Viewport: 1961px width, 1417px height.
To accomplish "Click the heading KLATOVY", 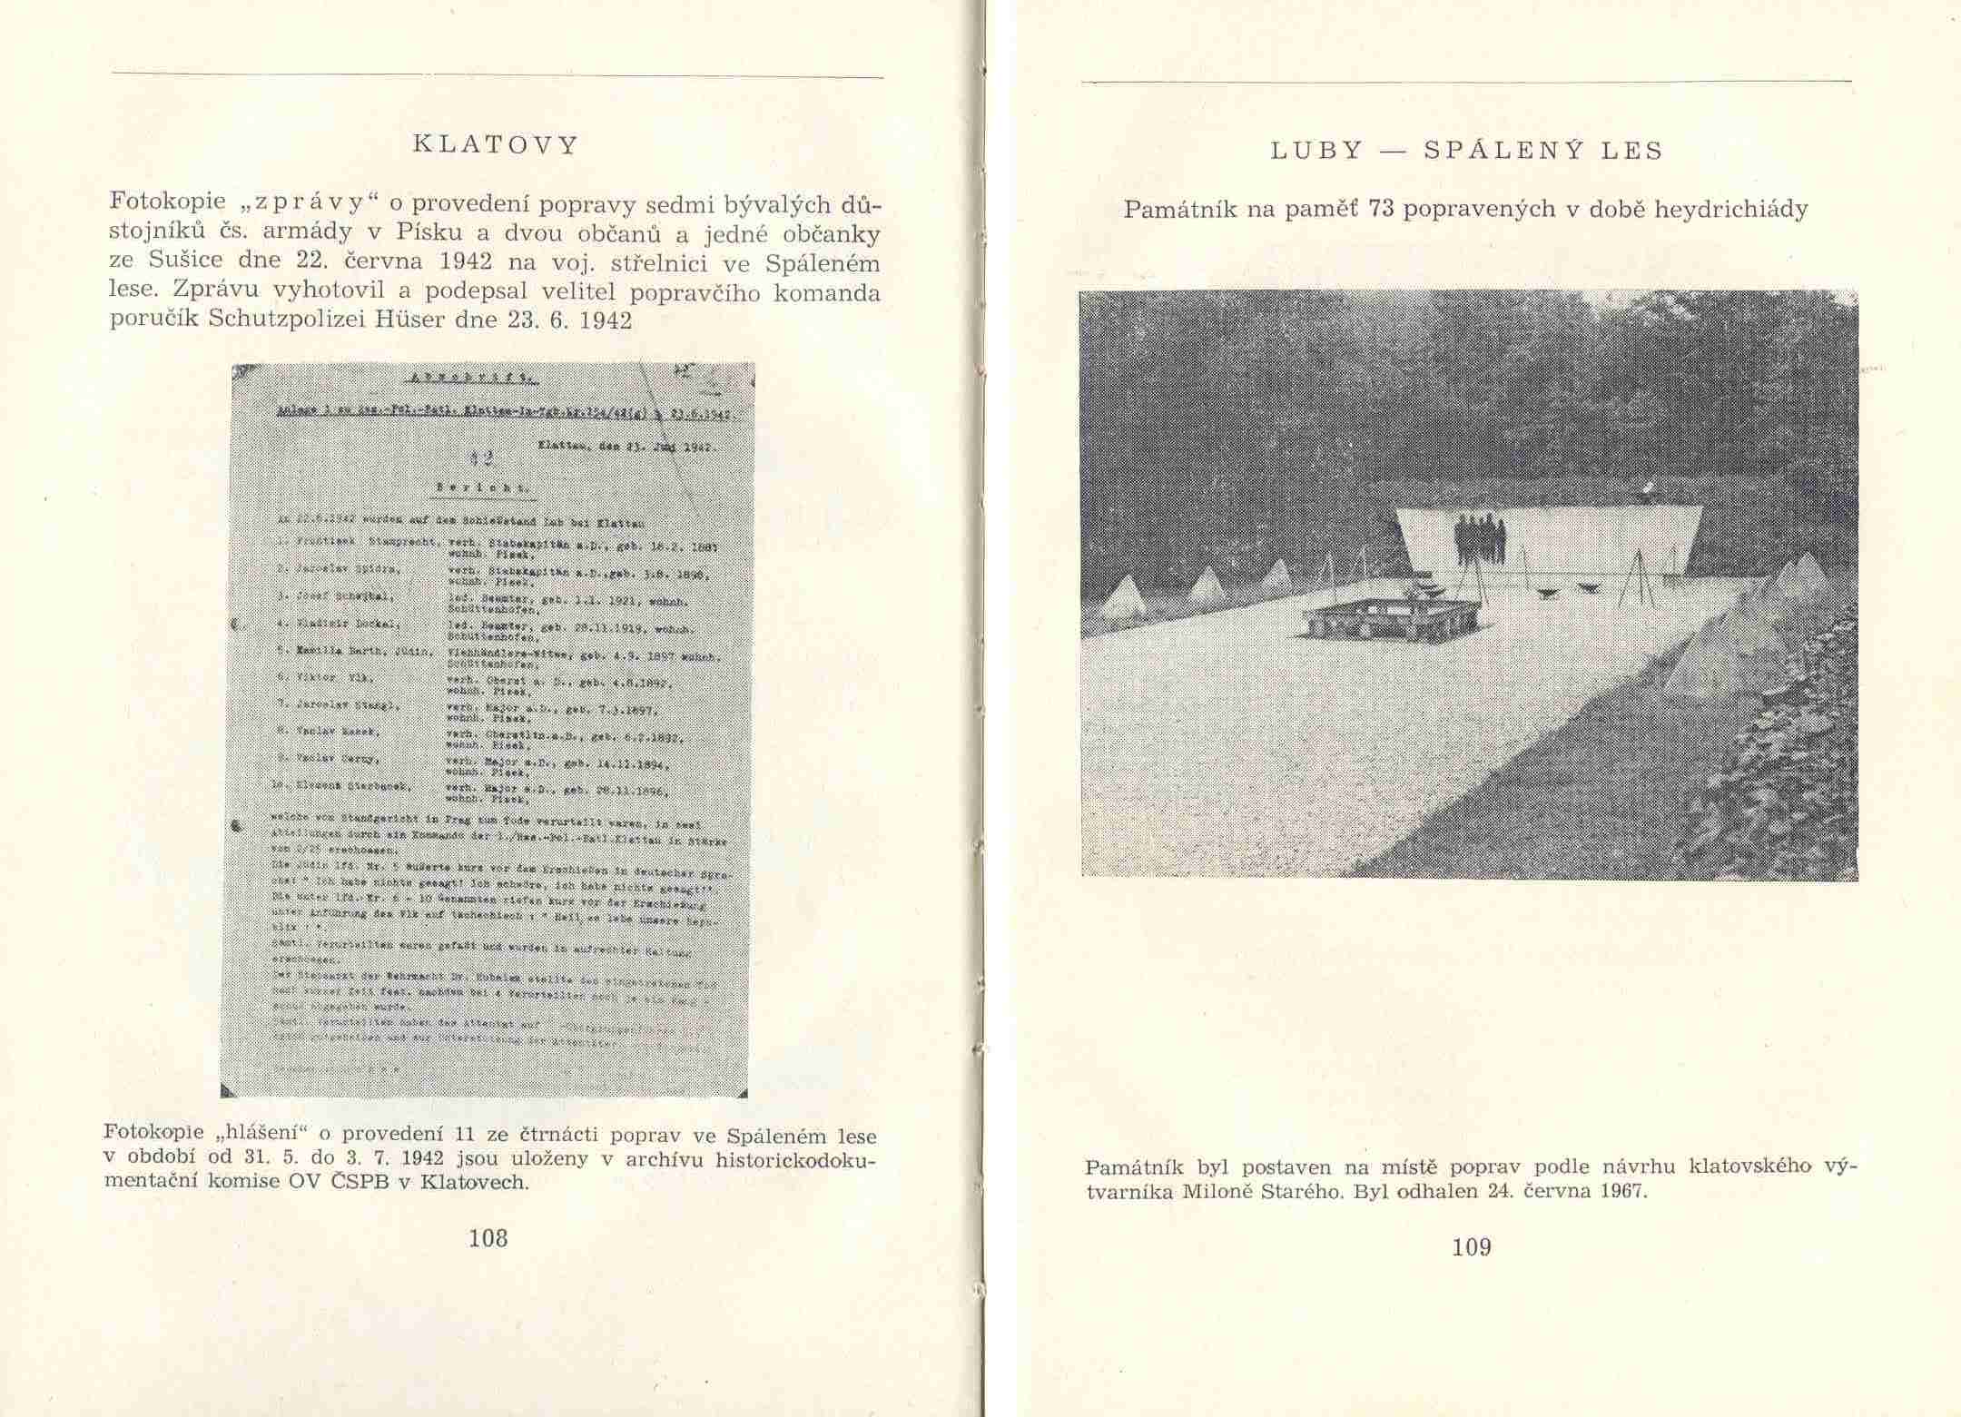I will click(x=495, y=145).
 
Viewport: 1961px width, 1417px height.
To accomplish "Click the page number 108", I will click(x=488, y=1238).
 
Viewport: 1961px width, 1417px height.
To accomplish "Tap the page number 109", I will click(x=1472, y=1248).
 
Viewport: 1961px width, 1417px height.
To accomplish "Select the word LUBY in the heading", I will click(x=1317, y=151).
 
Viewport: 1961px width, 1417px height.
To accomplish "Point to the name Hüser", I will click(x=422, y=320).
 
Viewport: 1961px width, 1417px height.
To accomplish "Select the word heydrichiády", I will click(x=1730, y=211).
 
